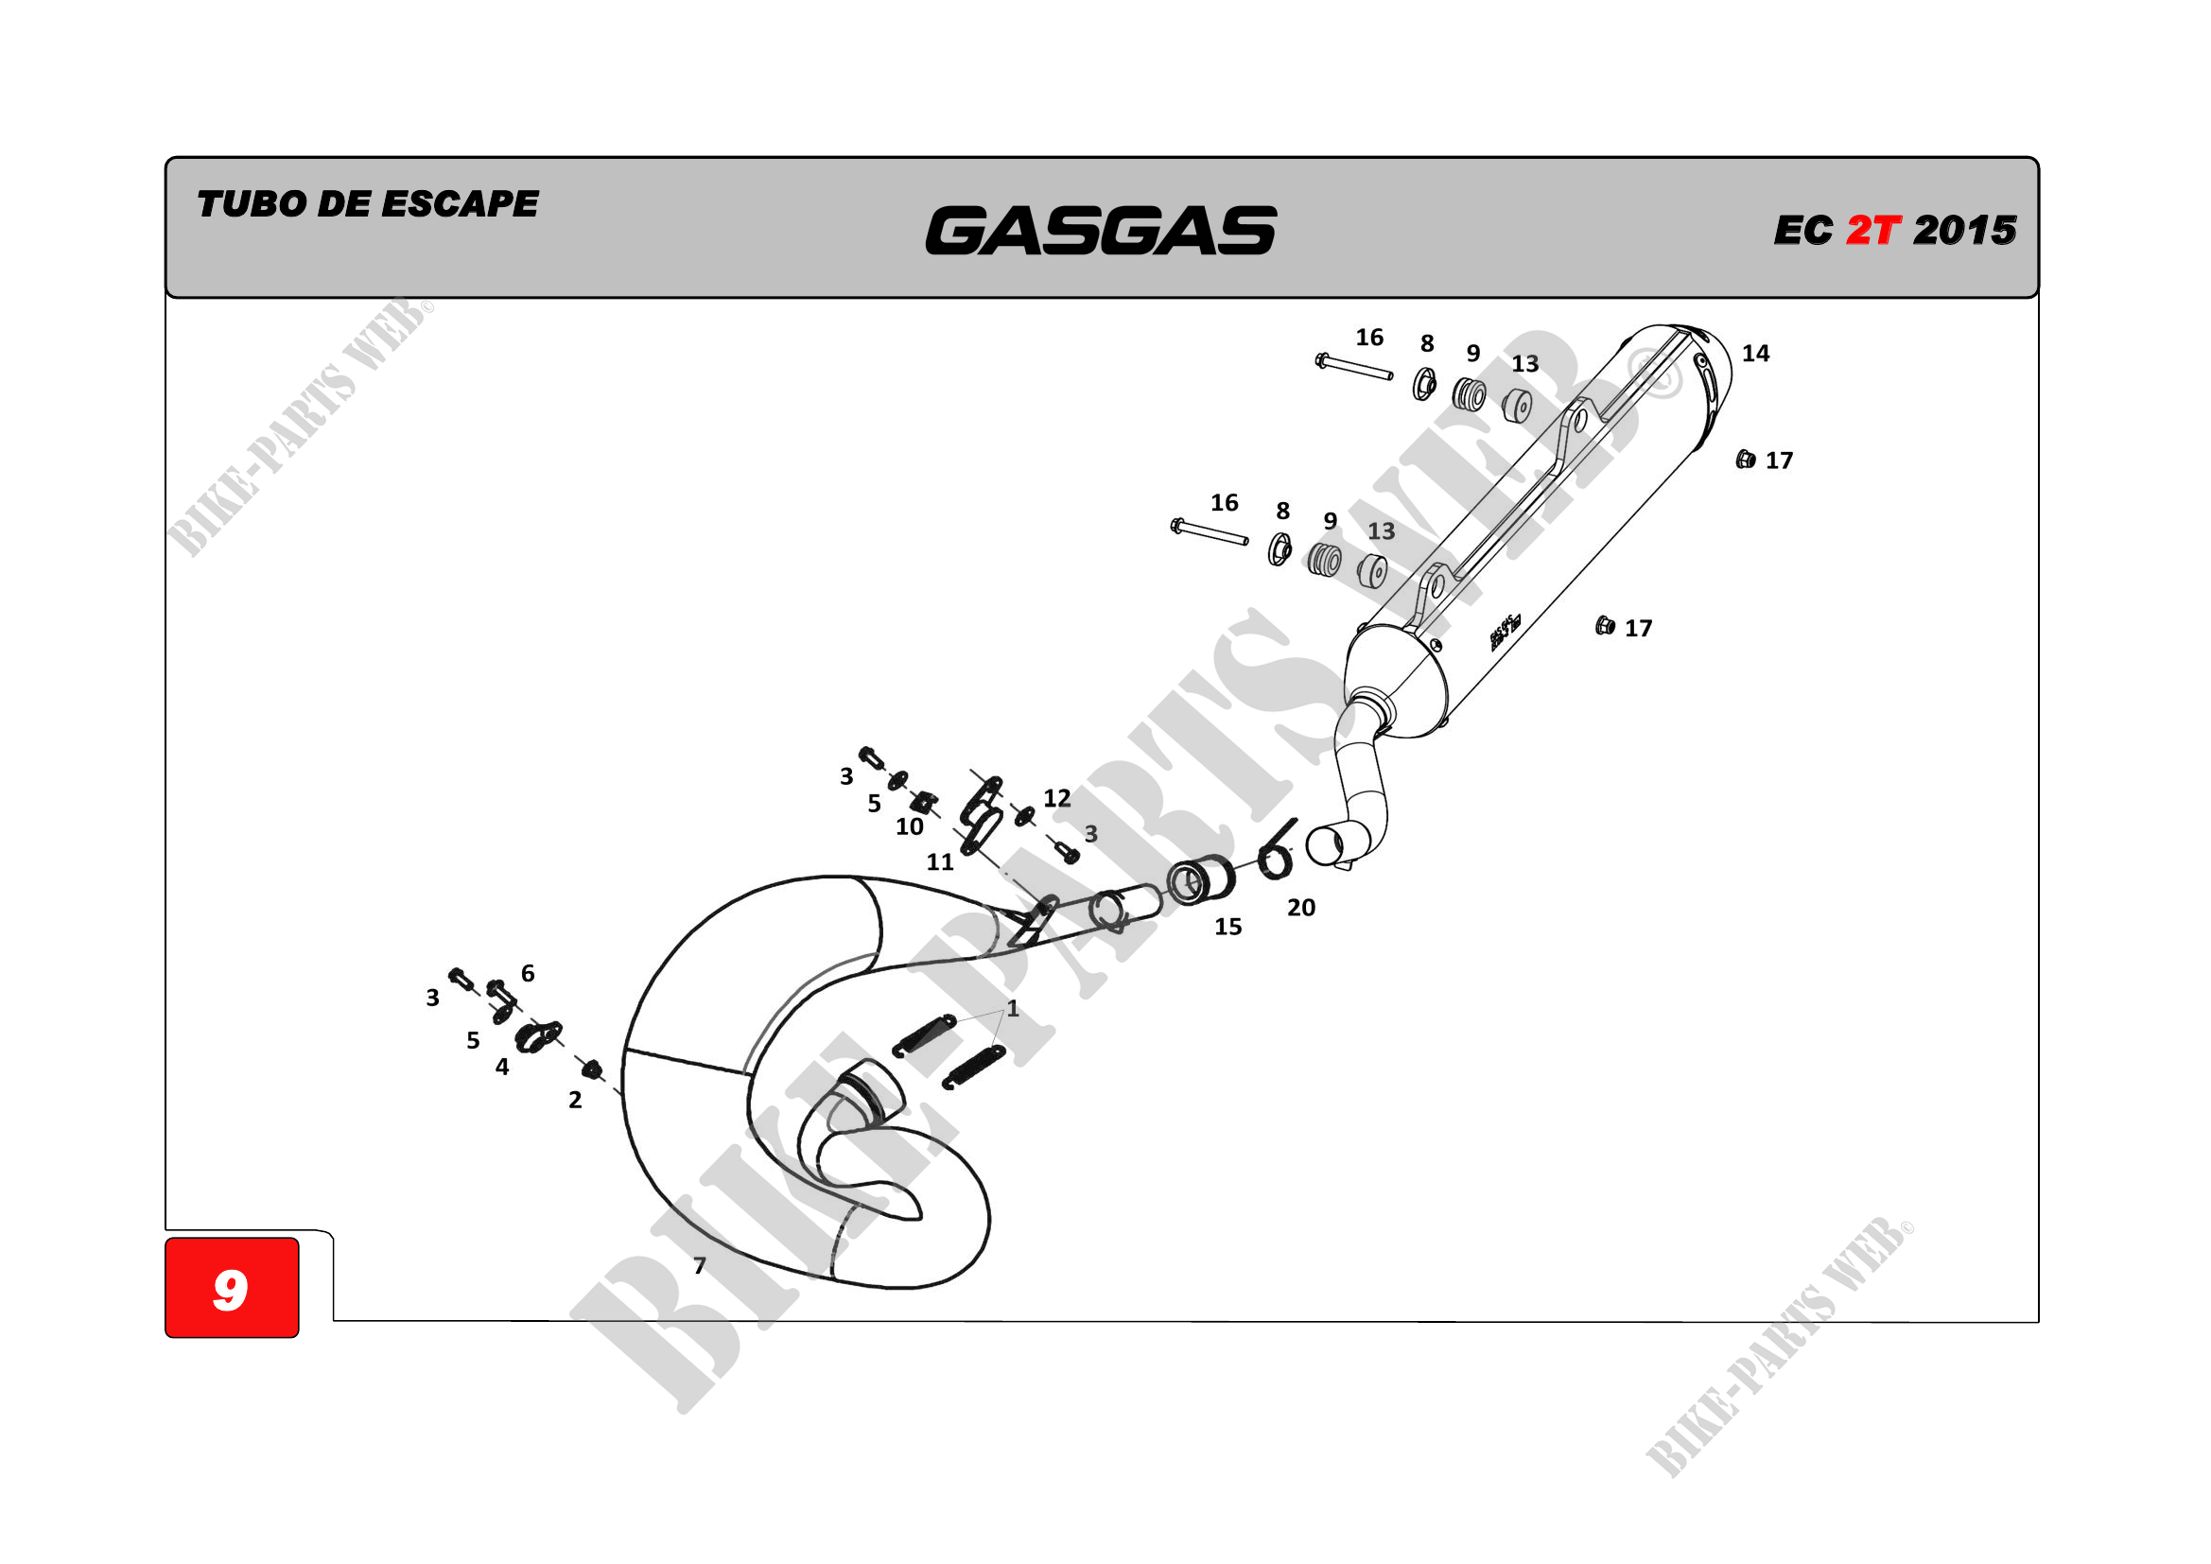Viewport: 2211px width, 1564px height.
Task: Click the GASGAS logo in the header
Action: click(x=1100, y=231)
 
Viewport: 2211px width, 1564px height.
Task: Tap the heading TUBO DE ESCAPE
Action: click(x=367, y=204)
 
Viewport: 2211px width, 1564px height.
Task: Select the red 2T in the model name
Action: click(x=1872, y=230)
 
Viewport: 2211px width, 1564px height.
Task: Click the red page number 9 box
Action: click(x=231, y=1288)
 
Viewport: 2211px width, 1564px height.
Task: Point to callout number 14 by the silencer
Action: click(x=1754, y=354)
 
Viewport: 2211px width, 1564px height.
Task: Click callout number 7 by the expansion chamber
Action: click(x=699, y=1264)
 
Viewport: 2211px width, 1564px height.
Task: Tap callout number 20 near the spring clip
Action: click(x=1300, y=907)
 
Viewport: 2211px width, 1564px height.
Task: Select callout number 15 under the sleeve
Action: click(x=1227, y=927)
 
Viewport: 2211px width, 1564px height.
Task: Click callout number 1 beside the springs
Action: click(x=1012, y=1008)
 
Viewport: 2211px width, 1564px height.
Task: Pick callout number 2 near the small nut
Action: click(x=575, y=1100)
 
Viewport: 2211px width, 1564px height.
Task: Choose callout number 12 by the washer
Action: click(x=1056, y=797)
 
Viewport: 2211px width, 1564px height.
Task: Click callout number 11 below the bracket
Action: click(x=940, y=862)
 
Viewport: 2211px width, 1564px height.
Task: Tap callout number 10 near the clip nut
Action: click(x=909, y=826)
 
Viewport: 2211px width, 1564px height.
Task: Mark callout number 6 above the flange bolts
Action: click(x=528, y=973)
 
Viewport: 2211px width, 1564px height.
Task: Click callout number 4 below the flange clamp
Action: click(x=502, y=1066)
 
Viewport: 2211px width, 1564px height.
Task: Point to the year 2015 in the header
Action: click(x=1964, y=230)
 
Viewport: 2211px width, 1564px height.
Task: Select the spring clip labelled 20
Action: click(x=1276, y=849)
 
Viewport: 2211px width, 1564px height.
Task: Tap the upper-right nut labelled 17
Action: click(x=1745, y=460)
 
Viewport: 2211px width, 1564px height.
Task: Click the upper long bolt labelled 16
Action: click(x=1354, y=367)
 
